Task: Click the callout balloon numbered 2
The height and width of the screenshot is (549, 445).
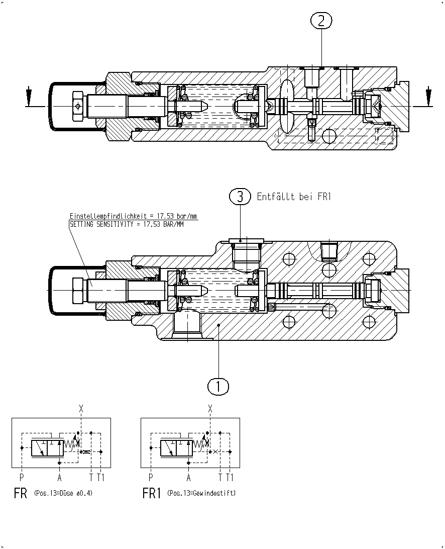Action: pyautogui.click(x=321, y=21)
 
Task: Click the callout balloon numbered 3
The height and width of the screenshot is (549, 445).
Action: pyautogui.click(x=240, y=197)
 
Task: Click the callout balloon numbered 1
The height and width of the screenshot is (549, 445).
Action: pyautogui.click(x=218, y=386)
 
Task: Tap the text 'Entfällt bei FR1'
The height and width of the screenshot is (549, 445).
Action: pyautogui.click(x=294, y=197)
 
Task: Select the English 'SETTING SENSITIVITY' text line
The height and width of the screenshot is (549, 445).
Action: pyautogui.click(x=127, y=224)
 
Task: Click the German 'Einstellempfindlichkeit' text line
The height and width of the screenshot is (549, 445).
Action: pyautogui.click(x=133, y=216)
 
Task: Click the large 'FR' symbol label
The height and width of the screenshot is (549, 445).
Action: pyautogui.click(x=20, y=493)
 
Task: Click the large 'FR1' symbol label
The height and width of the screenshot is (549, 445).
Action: pyautogui.click(x=152, y=493)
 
